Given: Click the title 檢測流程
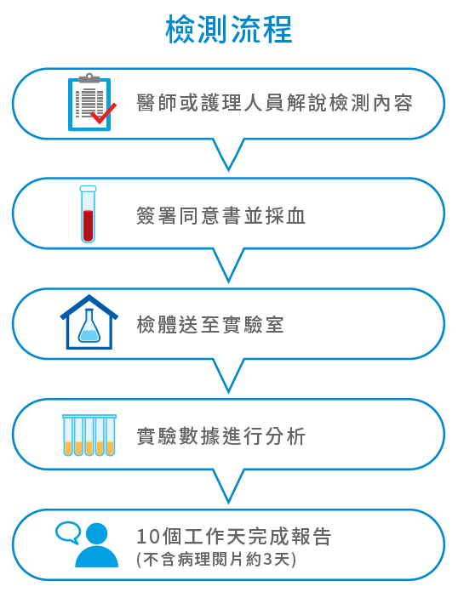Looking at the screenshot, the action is coord(229,29).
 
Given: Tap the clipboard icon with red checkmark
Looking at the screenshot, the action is coord(91,102).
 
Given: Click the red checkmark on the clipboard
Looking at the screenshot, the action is coord(104,113).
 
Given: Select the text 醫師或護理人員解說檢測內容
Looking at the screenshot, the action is coord(274,103).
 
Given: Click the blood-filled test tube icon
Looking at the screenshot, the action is coord(88,214).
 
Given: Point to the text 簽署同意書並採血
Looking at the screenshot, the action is coord(220,215).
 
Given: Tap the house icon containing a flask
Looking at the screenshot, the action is coord(89,322).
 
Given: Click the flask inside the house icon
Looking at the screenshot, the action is coord(89,326).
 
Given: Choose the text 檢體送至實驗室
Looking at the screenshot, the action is coord(210,325).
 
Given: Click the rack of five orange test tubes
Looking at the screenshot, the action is coord(89,435).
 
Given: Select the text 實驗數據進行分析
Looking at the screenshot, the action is coord(220,436).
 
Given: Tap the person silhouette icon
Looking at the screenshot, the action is coord(97,545).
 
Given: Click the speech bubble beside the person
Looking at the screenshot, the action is coord(68,532).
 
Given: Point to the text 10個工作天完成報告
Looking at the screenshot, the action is coord(233,536).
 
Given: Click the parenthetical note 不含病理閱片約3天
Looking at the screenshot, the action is coord(216,560).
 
